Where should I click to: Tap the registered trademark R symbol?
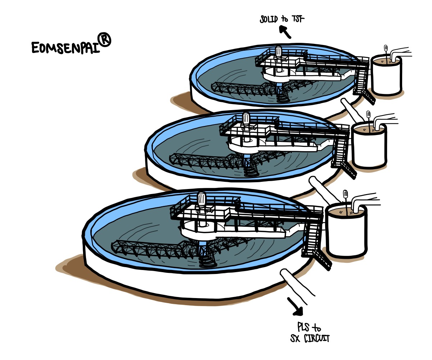(x=105, y=40)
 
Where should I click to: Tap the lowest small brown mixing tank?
(x=346, y=230)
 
